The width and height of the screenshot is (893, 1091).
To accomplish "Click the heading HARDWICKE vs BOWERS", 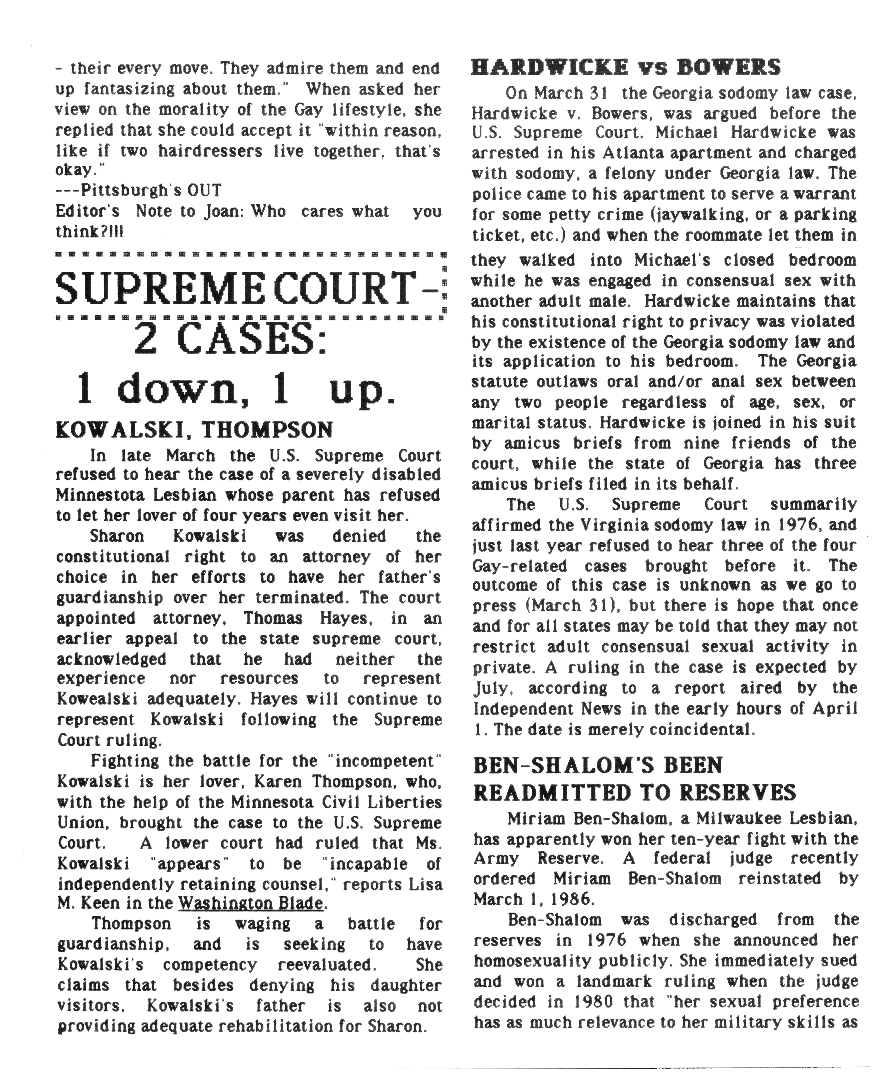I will tap(625, 67).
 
